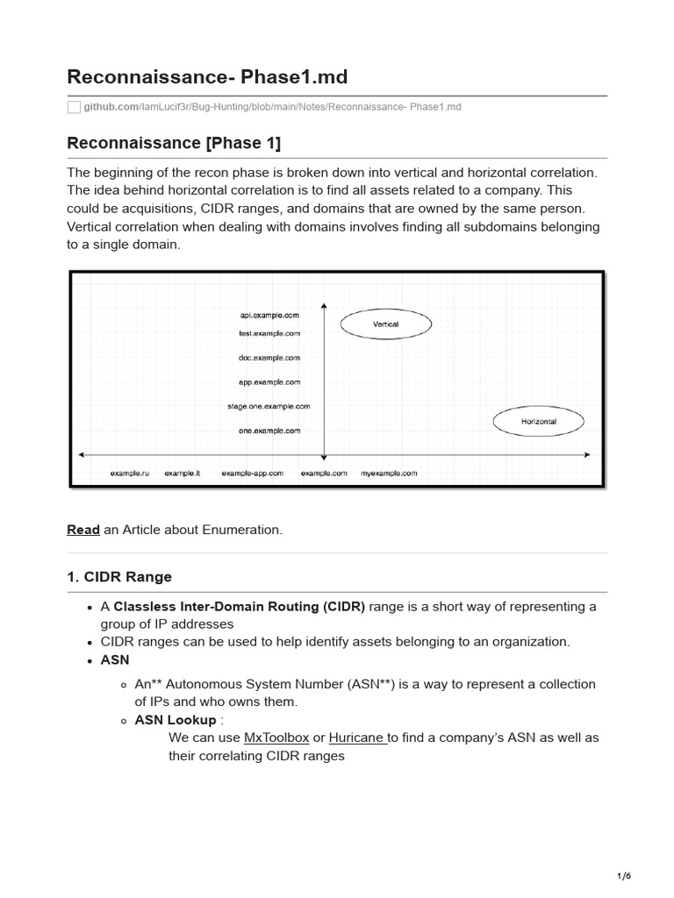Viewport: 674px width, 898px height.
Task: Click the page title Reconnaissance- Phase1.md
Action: tap(207, 77)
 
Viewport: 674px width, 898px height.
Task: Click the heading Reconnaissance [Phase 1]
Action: tap(174, 143)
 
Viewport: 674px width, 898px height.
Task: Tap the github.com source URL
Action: tap(272, 107)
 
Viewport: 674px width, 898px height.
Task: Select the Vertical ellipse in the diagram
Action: tap(385, 324)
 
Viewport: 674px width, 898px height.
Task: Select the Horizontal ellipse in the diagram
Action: tap(538, 422)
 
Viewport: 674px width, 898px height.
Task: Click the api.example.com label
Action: tap(270, 315)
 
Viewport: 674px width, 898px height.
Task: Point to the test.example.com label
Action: tap(269, 333)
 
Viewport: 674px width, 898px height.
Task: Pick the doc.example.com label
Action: tap(269, 358)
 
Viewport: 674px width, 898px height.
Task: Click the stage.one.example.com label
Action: tap(269, 406)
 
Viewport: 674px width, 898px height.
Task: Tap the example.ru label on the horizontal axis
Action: tap(130, 473)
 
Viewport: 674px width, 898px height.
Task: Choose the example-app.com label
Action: tap(252, 473)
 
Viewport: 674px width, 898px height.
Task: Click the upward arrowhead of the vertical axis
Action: tap(324, 306)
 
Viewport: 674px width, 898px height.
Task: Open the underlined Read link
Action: tap(83, 530)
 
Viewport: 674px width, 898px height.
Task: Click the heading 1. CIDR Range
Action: tap(119, 576)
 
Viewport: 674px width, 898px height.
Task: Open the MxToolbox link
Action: tap(276, 738)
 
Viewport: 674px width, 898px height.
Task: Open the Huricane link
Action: tap(357, 738)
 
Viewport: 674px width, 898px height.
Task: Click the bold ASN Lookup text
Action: tap(175, 720)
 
